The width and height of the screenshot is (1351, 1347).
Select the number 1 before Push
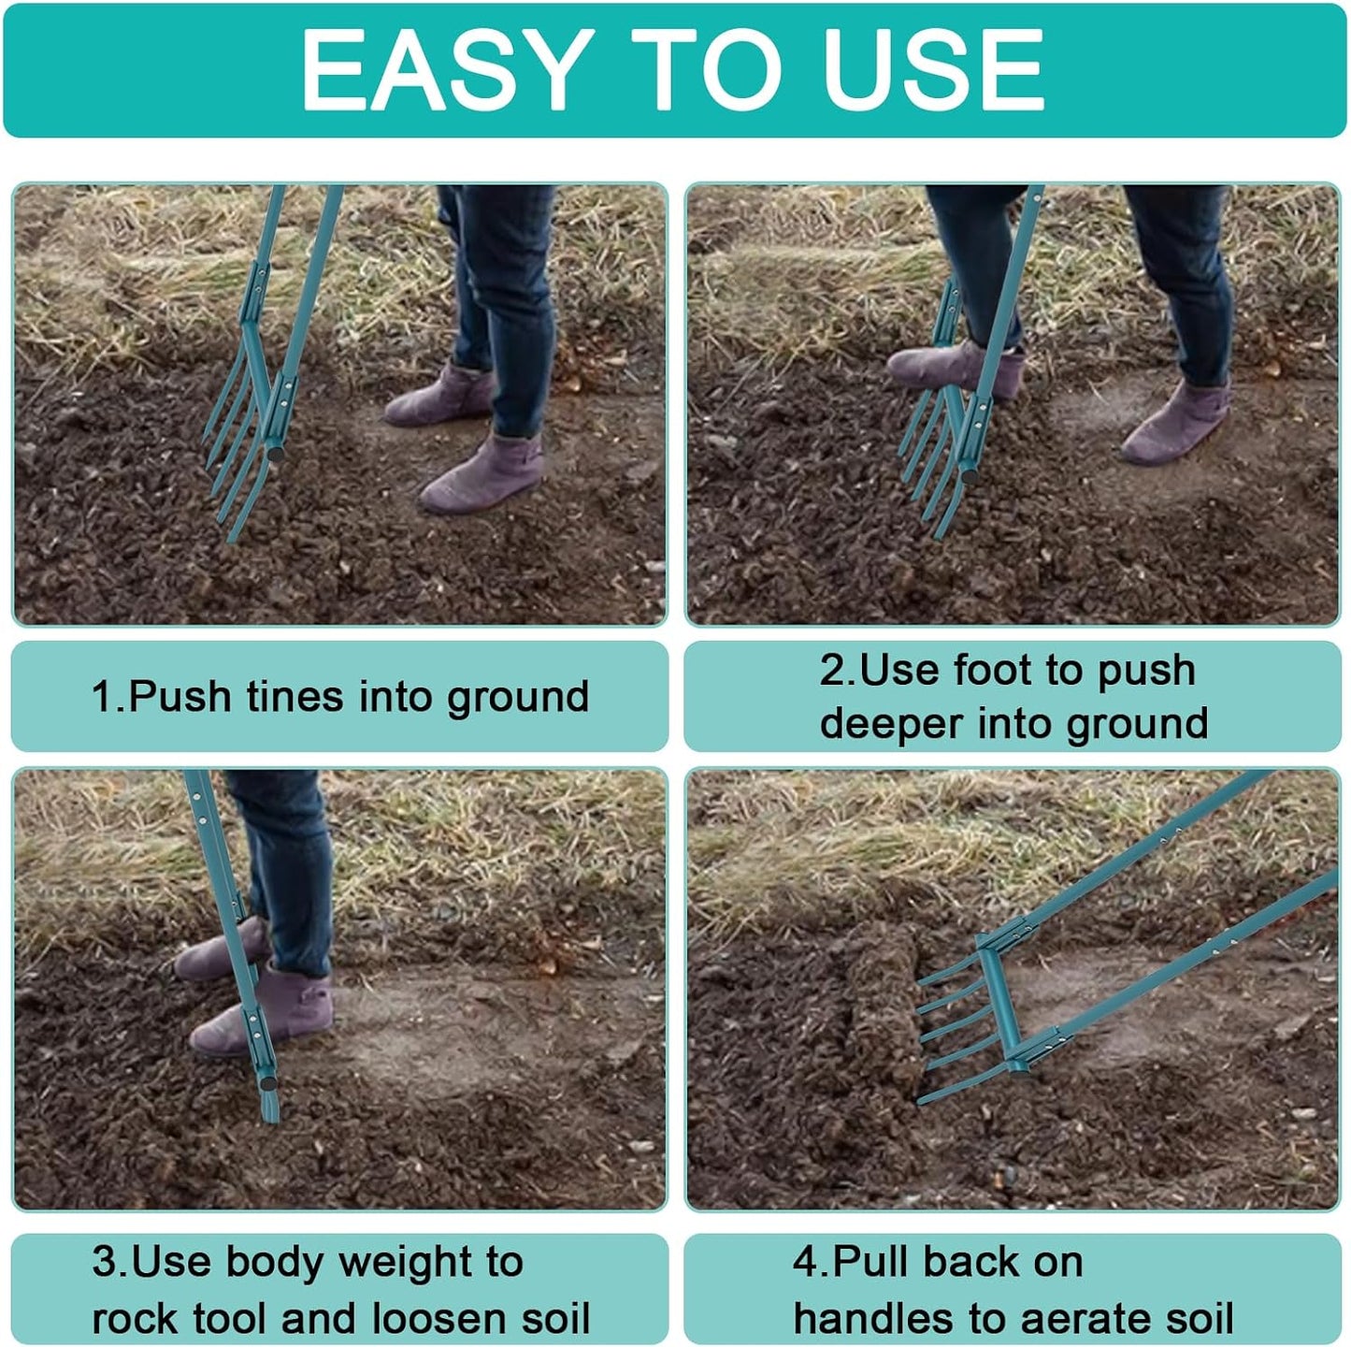(x=101, y=697)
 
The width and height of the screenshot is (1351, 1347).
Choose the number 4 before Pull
(x=805, y=1262)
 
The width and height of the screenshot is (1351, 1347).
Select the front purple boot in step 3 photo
(x=262, y=1015)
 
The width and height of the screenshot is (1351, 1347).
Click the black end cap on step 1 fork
(x=279, y=452)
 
